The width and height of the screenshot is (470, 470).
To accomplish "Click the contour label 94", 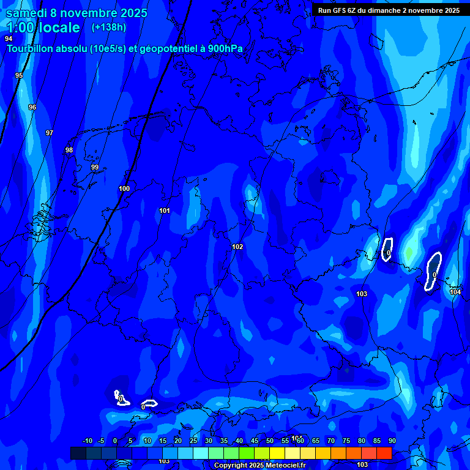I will coord(9,39).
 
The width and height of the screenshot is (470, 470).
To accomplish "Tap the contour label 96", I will coord(32,107).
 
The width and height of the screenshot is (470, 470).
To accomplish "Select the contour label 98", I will coord(69,150).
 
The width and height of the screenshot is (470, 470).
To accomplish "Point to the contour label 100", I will coord(124,188).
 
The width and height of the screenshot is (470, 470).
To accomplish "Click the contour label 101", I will coord(165,211).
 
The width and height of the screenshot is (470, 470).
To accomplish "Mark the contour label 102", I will coord(237,247).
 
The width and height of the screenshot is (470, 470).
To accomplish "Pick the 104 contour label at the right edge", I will coord(455,292).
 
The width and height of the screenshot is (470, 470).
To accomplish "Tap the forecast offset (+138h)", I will coord(108,28).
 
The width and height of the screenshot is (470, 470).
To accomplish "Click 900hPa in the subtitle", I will coord(224,49).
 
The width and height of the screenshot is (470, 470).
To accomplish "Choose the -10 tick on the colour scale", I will coord(87,441).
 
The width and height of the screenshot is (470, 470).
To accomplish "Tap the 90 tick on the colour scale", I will coord(392,441).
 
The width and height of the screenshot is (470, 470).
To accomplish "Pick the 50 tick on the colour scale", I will coord(269,441).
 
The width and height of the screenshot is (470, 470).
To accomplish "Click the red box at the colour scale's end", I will coord(384,453).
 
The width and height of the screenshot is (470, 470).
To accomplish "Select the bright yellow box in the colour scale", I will coord(277,453).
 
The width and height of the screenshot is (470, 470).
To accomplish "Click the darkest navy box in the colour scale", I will coord(78,453).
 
